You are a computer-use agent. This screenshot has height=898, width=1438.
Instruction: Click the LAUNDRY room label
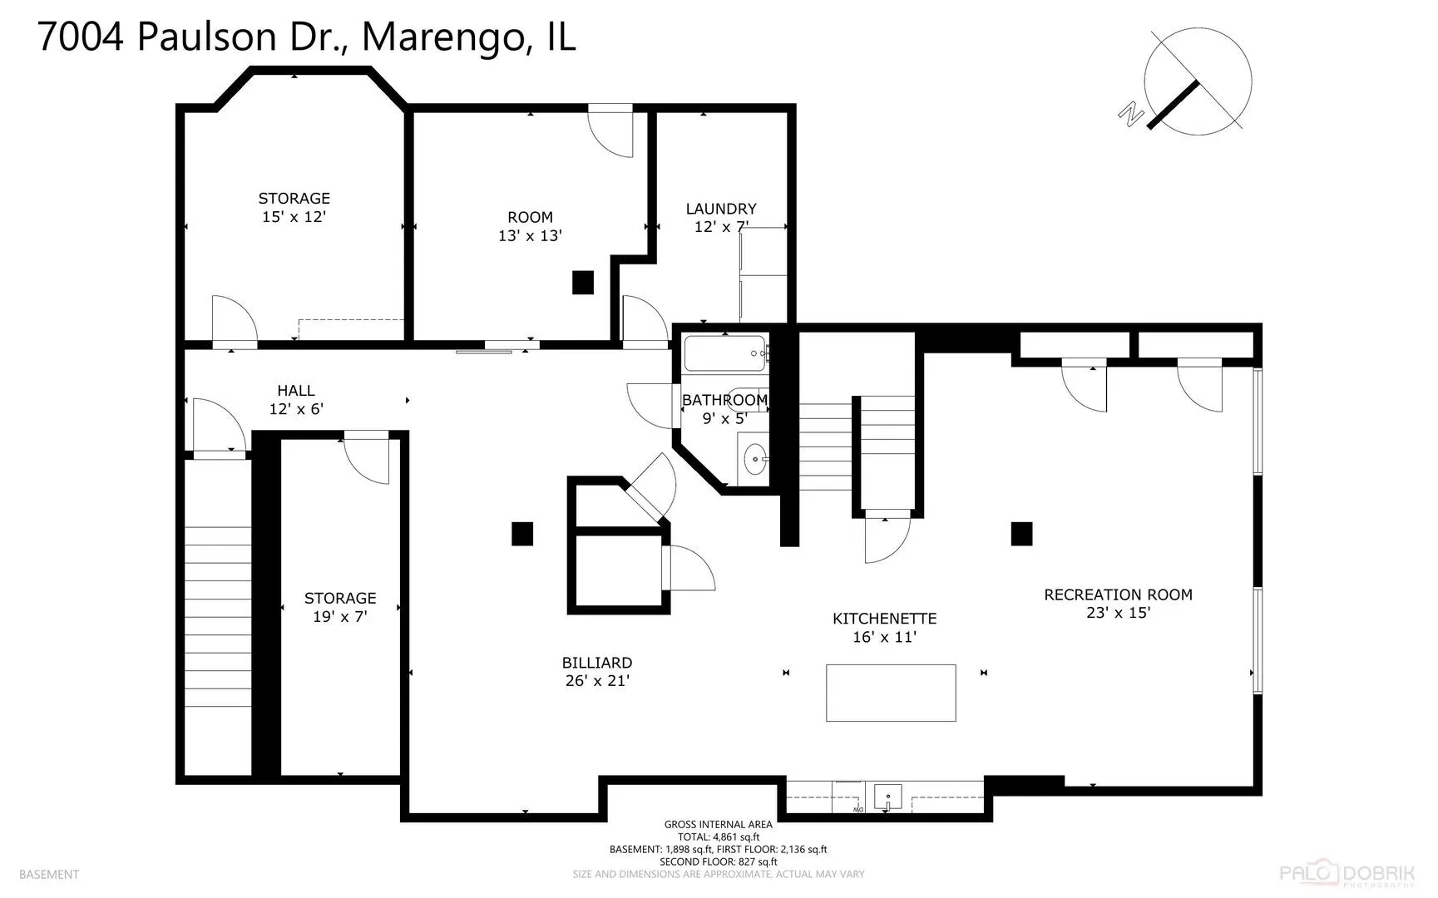721,209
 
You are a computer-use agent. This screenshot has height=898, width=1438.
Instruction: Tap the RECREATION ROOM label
1118,595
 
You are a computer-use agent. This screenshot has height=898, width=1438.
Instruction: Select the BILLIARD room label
597,663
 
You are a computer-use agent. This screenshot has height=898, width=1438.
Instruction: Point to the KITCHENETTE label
884,619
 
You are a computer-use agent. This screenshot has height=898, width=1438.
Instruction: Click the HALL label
296,391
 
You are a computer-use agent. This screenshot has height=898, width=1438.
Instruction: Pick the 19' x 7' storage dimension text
340,616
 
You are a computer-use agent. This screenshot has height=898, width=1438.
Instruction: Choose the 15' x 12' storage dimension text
294,216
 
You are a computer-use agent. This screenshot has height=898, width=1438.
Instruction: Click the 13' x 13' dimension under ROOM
530,235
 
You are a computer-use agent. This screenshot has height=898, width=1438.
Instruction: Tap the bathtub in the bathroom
725,353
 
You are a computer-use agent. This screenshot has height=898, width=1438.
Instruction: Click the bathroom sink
755,456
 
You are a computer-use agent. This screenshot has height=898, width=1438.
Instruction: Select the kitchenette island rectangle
891,693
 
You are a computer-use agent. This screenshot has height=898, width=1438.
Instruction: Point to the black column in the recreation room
1021,534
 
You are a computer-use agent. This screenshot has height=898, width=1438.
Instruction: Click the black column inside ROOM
583,283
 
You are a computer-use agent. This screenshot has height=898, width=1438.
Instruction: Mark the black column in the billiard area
522,533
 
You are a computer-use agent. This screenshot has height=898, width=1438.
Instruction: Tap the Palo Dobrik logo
1347,874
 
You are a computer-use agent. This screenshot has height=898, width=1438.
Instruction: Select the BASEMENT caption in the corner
49,874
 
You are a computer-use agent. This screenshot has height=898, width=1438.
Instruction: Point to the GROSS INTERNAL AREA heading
718,825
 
